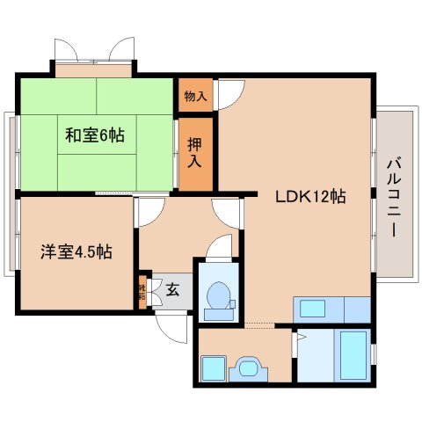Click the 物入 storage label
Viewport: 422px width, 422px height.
coord(195,95)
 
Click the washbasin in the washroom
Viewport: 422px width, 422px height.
coord(249,368)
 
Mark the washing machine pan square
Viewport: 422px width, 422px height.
coord(214,367)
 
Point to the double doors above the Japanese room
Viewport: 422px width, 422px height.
coord(95,51)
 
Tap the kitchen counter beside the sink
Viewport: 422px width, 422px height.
coord(355,309)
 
